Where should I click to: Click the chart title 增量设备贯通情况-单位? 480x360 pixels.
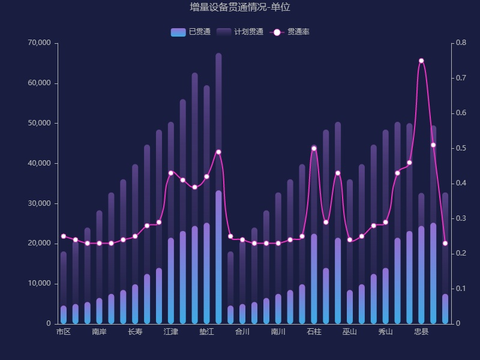(x=240, y=7)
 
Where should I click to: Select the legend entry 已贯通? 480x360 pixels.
(x=190, y=32)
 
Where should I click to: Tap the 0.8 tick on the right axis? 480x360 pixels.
(x=461, y=43)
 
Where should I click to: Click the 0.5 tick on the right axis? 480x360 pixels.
(x=461, y=148)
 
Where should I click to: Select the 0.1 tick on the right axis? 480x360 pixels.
(x=461, y=289)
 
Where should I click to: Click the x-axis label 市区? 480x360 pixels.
(x=64, y=332)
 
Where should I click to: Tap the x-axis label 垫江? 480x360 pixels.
(x=206, y=332)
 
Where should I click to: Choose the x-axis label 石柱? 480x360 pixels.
(x=314, y=332)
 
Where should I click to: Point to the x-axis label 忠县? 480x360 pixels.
(x=421, y=332)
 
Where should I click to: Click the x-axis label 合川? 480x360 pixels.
(x=242, y=332)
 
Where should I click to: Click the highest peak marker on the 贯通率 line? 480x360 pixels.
(x=421, y=61)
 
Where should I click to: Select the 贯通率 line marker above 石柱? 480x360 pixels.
(x=314, y=148)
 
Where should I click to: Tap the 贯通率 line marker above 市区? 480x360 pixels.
(x=64, y=236)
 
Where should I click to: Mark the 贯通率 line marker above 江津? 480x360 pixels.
(x=171, y=173)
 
